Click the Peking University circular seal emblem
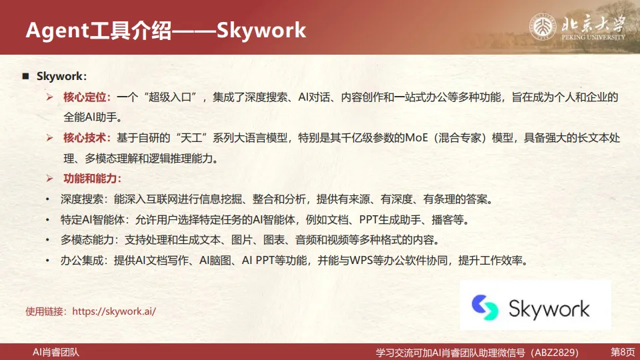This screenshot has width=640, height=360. (x=543, y=27)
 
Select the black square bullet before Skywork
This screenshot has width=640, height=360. (x=26, y=77)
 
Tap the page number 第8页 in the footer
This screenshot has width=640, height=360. (x=623, y=351)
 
